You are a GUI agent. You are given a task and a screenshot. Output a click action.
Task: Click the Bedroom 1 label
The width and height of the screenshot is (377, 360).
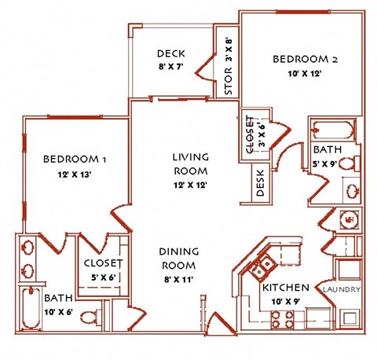coord(75,159)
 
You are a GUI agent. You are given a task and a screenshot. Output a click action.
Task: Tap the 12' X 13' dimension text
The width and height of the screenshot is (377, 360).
coord(75,174)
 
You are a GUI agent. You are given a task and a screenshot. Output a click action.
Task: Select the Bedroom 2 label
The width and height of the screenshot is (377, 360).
coord(306,59)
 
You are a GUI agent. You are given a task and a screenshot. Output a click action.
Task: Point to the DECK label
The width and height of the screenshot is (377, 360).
coord(171,53)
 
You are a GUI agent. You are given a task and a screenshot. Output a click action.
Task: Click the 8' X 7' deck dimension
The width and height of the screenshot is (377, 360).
coord(170,67)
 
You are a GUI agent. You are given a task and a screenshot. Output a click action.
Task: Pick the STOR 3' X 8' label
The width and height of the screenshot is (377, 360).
coord(229,67)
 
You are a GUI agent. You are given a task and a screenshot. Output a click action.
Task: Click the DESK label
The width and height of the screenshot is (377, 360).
coord(261,183)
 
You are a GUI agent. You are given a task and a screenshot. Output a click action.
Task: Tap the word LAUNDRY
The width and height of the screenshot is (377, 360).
coord(342,289)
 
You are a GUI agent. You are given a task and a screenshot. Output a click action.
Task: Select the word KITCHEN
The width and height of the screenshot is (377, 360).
coord(286,288)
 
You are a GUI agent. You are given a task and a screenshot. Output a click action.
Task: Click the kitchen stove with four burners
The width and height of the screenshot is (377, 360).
coord(282,319)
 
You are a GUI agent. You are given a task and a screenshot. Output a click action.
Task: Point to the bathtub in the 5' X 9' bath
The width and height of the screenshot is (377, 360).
coord(334,130)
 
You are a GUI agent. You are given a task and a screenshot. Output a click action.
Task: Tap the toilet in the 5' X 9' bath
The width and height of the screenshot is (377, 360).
coord(350,163)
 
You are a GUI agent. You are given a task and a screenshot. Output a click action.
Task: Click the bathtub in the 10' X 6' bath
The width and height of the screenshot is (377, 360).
coord(31,308)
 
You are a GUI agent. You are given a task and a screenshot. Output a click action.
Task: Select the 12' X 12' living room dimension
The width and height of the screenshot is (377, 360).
coord(190,186)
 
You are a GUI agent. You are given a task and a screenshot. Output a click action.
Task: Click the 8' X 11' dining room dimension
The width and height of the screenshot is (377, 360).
coord(179,280)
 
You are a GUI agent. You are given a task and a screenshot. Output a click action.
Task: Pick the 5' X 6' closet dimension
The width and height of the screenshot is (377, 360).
coord(104,277)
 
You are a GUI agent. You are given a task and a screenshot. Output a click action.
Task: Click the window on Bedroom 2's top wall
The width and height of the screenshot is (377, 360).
coord(303,12)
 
